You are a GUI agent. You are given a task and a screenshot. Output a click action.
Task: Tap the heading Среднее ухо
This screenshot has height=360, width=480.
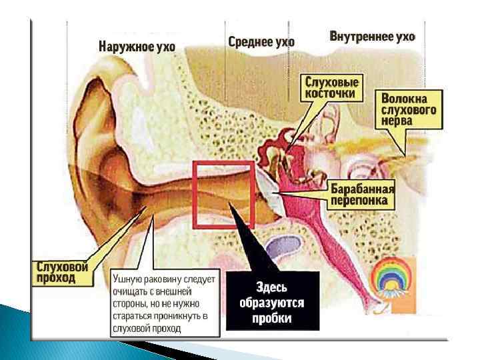(x=261, y=42)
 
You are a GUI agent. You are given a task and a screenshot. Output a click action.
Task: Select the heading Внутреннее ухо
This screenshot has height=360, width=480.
(x=372, y=37)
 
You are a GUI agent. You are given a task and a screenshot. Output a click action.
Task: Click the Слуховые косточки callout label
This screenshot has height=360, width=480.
(x=332, y=88)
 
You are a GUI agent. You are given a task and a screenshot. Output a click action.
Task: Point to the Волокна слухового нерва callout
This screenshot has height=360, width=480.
(x=409, y=109)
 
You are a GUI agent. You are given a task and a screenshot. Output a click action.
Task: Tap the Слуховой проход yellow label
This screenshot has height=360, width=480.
(x=61, y=271)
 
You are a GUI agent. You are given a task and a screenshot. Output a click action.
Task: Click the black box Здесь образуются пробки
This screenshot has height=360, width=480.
(x=272, y=301)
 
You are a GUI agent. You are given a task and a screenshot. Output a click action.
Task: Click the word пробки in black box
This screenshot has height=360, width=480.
(x=272, y=318)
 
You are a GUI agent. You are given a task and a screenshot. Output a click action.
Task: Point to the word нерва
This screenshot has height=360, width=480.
(x=397, y=121)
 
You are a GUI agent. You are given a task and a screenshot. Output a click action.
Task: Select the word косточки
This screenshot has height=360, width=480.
(x=332, y=94)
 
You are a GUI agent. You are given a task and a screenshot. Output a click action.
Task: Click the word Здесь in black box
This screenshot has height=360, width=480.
(x=272, y=287)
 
